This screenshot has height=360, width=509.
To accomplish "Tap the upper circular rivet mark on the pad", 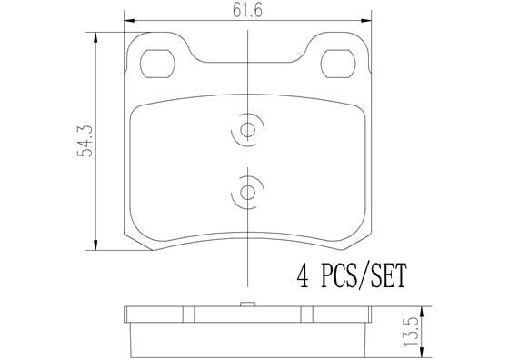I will (x=248, y=130).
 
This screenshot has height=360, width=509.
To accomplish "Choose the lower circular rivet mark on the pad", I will (x=248, y=192).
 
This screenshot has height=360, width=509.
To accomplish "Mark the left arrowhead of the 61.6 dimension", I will (x=126, y=18).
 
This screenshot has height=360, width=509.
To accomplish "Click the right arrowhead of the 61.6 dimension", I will (x=369, y=18).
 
